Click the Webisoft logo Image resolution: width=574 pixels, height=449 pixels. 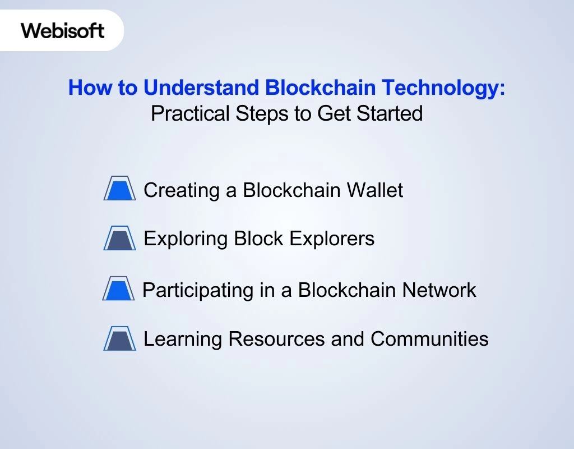pyautogui.click(x=63, y=30)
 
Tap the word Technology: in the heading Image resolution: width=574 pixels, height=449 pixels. pyautogui.click(x=444, y=88)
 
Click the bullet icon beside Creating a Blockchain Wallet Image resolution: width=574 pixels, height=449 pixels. pyautogui.click(x=119, y=189)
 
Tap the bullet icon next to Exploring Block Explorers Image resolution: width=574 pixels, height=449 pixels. pyautogui.click(x=119, y=238)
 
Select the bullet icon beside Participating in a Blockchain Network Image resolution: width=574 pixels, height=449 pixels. pyautogui.click(x=118, y=288)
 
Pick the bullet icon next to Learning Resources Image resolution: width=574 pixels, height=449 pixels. pyautogui.click(x=119, y=338)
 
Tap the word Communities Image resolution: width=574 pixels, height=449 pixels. pyautogui.click(x=429, y=339)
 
